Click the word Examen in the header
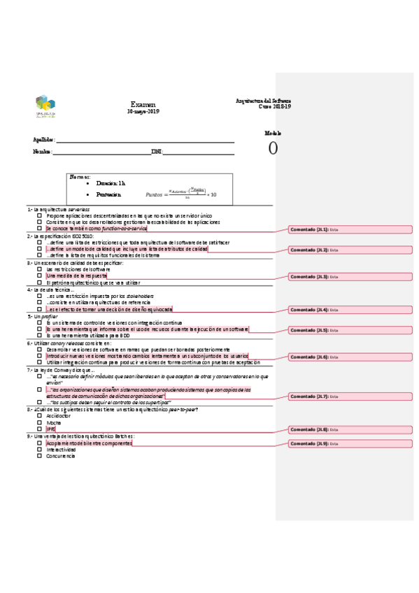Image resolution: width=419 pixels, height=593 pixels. [143, 104]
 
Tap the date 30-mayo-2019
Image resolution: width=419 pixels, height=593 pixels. [143, 112]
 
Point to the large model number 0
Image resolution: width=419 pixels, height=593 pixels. [273, 148]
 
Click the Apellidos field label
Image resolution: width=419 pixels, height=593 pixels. [44, 140]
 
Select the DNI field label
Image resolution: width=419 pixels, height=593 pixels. [157, 152]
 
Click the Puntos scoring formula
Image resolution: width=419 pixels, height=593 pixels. [180, 194]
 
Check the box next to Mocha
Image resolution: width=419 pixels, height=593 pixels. [39, 422]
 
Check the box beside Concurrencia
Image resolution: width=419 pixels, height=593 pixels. [39, 456]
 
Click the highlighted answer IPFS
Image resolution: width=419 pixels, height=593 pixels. [50, 429]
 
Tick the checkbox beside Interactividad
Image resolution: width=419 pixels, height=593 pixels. [39, 449]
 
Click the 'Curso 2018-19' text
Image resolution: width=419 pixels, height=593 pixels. [274, 106]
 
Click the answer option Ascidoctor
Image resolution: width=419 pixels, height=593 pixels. [58, 415]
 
